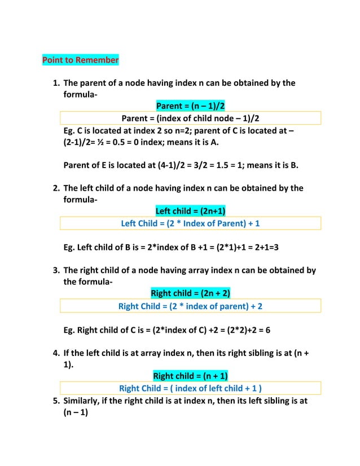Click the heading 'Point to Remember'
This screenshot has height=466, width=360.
click(x=81, y=60)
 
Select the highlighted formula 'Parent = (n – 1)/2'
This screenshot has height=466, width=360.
click(x=190, y=106)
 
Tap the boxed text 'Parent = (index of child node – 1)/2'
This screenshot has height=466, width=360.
click(x=191, y=118)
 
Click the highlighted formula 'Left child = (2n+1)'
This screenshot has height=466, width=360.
click(x=191, y=212)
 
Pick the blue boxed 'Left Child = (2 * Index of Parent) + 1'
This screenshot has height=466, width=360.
click(x=191, y=223)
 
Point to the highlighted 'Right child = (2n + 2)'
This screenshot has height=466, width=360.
click(x=191, y=293)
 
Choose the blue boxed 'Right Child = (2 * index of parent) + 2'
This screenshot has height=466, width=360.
click(x=191, y=306)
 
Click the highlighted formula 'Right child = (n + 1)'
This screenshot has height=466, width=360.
click(x=191, y=376)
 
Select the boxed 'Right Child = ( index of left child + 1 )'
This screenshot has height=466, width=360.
click(x=191, y=388)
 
